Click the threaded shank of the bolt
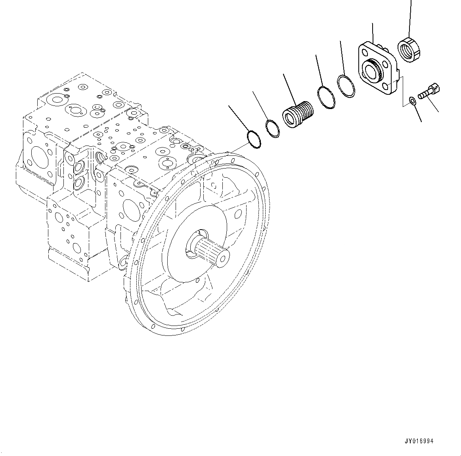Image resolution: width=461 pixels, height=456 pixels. pos(425,94)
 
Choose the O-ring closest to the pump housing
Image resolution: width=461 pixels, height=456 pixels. pos(254,139)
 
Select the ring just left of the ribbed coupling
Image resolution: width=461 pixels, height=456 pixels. pos(272,128)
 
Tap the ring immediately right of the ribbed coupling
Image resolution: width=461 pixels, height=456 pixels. pos(326,97)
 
